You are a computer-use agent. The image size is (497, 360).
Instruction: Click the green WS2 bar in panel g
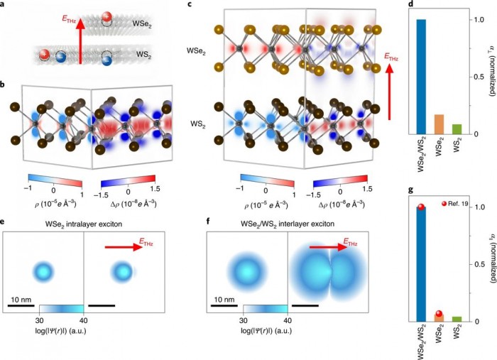[x=456, y=319]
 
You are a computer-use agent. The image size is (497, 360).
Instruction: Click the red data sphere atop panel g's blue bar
[x=422, y=207]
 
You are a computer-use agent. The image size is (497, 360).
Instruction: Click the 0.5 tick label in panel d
[x=477, y=77]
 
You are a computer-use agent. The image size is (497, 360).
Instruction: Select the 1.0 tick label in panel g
[x=477, y=207]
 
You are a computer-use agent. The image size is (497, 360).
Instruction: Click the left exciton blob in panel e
[x=43, y=271]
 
